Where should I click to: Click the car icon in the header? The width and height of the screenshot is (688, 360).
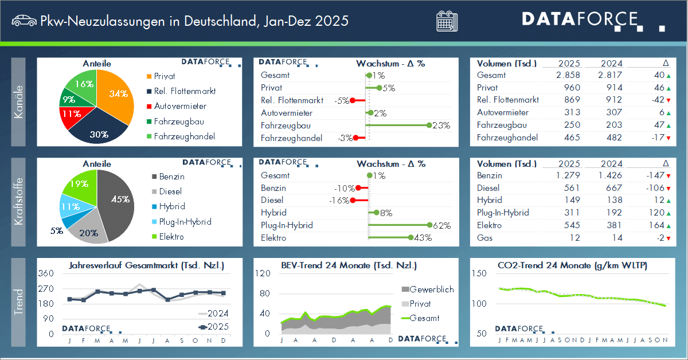click(x=23, y=21)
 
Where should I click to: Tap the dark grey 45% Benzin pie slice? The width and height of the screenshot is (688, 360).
click(x=118, y=201)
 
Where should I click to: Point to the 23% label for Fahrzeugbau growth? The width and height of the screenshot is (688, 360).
click(x=441, y=126)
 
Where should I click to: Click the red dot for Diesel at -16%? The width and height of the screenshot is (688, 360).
click(x=353, y=200)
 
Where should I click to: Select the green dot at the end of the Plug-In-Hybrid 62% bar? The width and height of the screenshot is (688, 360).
click(x=429, y=225)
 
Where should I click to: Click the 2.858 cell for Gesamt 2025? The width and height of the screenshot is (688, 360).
click(x=568, y=75)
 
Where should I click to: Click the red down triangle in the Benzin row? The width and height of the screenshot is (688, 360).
click(x=668, y=176)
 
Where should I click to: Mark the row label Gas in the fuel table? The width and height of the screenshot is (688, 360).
click(x=484, y=238)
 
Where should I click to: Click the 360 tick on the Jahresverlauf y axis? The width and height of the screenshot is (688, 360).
click(x=46, y=273)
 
